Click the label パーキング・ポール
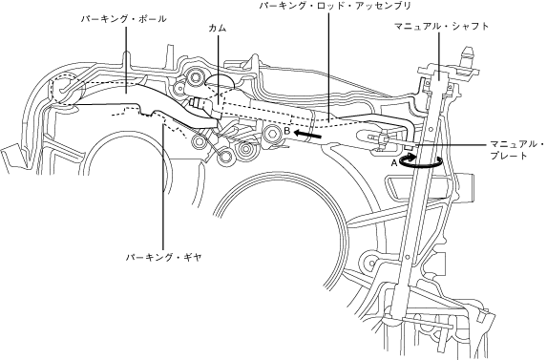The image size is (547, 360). pos(124,19)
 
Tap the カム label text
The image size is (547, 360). pos(218,29)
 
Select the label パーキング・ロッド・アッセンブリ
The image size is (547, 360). pos(335,6)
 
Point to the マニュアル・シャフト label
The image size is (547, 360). pos(442,26)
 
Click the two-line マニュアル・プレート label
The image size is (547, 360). pos(516,150)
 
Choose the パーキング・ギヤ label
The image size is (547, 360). pos(164,258)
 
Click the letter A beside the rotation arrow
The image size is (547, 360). pos(394,163)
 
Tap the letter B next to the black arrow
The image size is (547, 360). pos(287,131)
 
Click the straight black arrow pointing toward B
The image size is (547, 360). pos(307,134)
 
